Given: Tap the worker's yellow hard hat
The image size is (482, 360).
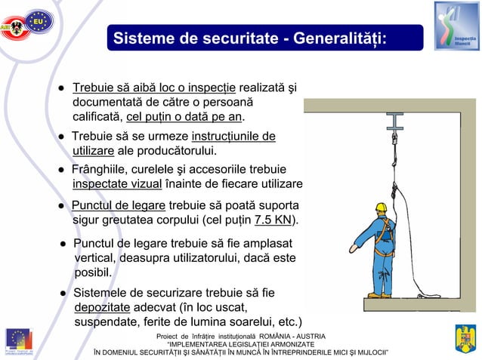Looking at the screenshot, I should (381, 208).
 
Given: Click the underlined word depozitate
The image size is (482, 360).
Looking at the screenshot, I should (102, 307).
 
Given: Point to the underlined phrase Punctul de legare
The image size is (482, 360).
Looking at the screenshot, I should (119, 205).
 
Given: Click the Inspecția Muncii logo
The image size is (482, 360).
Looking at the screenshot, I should (456, 26).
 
